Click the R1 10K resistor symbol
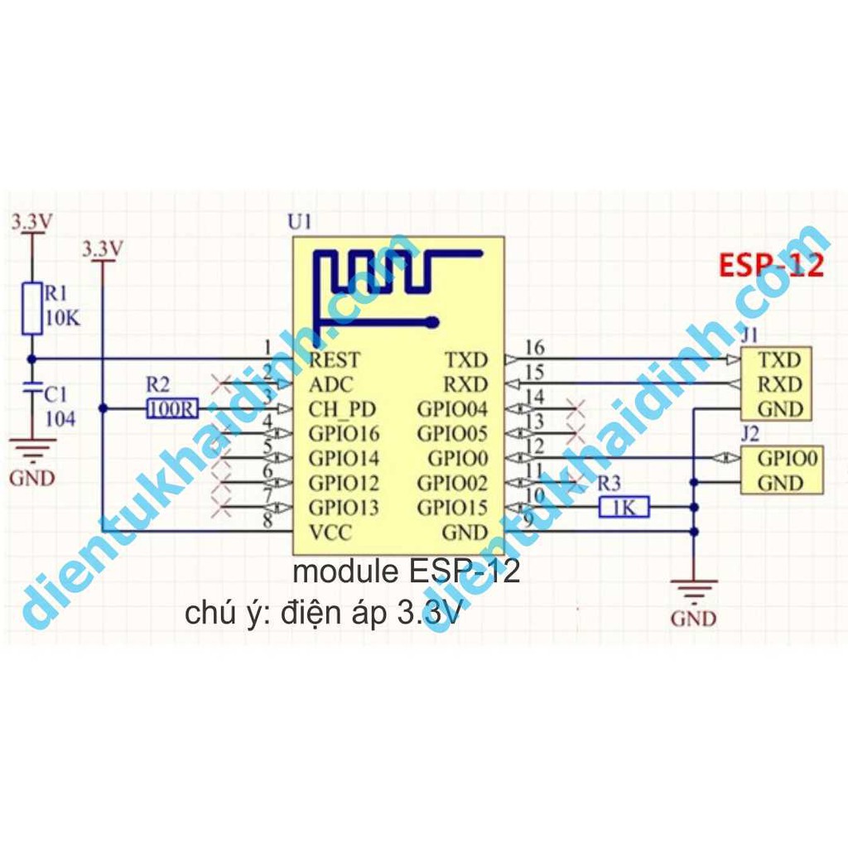(31, 307)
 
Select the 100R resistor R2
(171, 408)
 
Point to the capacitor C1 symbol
(31, 388)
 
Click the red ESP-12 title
(771, 266)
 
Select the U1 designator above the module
(299, 222)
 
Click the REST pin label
(335, 360)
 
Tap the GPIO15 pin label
(453, 508)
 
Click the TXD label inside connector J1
(780, 360)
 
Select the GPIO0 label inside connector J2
(788, 458)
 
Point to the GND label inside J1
(780, 409)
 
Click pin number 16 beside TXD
(535, 348)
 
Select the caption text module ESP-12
(407, 571)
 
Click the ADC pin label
(330, 384)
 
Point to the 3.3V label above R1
(31, 222)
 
